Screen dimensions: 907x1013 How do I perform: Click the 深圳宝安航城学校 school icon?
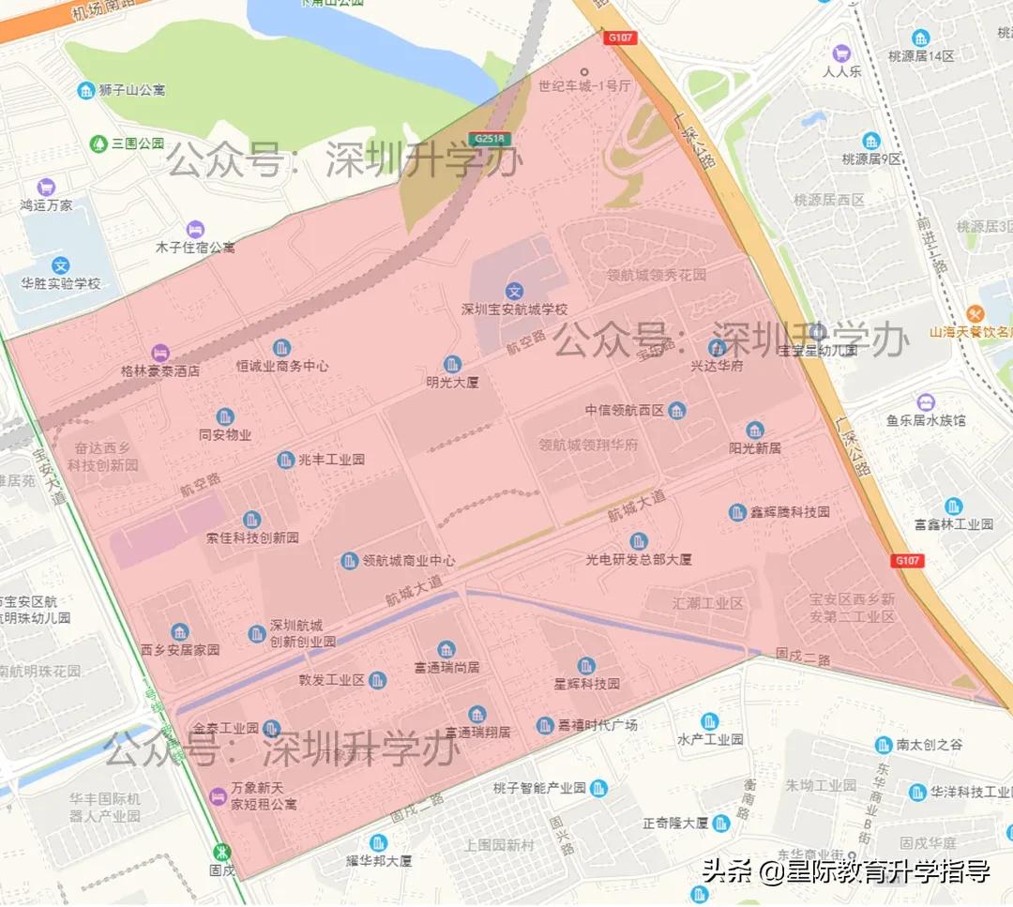coord(514,292)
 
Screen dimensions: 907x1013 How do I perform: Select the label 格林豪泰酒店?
coord(160,370)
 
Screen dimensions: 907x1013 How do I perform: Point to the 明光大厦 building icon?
coord(452,364)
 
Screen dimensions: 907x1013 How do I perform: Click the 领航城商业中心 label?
coord(409,561)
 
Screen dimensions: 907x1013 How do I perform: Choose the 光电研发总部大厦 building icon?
coord(639,541)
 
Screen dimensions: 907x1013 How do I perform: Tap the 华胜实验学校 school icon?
coord(61,265)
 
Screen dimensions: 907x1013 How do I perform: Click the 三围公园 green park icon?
coord(98,144)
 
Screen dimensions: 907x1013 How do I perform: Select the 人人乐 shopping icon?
coord(841,53)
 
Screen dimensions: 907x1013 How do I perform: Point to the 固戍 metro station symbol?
coord(222,853)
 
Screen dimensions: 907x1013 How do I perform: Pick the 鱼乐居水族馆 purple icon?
coord(926,402)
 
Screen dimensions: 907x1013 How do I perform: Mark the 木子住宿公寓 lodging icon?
coord(195,229)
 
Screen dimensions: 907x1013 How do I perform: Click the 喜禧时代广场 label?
coord(597,725)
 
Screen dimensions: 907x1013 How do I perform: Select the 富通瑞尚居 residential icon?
coord(446,649)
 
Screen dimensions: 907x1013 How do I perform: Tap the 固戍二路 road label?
coord(803,659)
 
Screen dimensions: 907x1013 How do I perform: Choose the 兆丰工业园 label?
coord(331,460)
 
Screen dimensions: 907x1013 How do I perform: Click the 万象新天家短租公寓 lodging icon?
coord(219,795)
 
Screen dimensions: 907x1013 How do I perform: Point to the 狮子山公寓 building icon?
coord(85,90)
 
